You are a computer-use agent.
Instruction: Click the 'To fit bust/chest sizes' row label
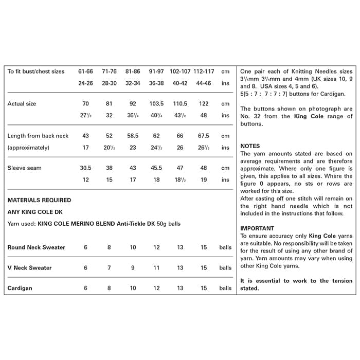tap(36, 71)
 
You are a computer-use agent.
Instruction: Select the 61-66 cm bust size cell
tap(86, 71)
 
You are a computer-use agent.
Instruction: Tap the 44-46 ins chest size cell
tap(204, 83)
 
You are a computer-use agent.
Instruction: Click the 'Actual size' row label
tap(22, 104)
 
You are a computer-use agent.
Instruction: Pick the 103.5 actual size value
tap(156, 104)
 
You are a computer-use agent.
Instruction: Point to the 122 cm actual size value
tap(204, 104)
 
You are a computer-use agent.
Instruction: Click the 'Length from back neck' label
tap(38, 136)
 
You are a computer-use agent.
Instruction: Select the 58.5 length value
tap(133, 136)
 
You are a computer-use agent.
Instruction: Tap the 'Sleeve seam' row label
tap(25, 168)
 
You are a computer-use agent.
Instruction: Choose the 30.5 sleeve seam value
tap(86, 168)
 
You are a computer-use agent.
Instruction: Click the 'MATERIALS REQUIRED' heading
tap(39, 200)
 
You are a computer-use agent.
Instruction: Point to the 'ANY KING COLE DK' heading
tap(34, 211)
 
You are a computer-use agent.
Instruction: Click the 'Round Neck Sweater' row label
tap(36, 247)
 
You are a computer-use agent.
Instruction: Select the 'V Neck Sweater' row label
tap(29, 268)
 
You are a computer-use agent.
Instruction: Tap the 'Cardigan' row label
tap(20, 289)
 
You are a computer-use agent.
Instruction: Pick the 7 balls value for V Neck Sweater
tap(109, 268)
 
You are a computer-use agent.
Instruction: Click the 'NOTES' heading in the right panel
tap(250, 146)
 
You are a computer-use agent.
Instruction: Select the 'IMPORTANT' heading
tap(257, 228)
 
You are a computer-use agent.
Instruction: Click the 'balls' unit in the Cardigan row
tap(225, 289)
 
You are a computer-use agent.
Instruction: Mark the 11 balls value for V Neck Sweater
tap(156, 268)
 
